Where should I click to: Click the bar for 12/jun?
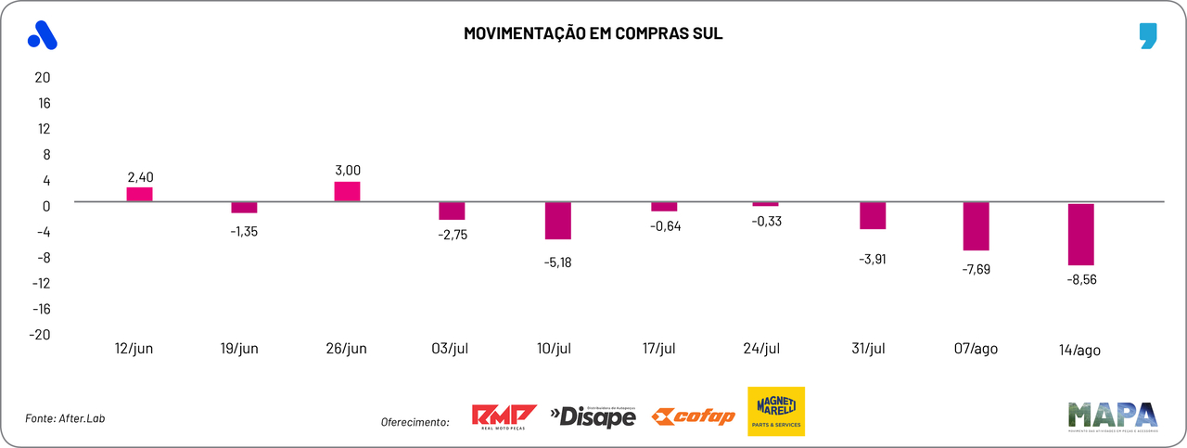[139, 194]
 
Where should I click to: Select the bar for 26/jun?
[347, 191]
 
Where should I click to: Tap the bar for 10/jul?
[557, 221]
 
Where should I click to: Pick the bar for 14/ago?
[1081, 234]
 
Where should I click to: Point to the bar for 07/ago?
[976, 226]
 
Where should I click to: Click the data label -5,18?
[557, 262]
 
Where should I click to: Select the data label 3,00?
[347, 170]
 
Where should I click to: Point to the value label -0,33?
[765, 221]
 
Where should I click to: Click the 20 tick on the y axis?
[42, 77]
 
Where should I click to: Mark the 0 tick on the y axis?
[45, 206]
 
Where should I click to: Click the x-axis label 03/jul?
[453, 349]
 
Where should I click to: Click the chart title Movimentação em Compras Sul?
[593, 34]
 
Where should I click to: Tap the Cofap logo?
[694, 416]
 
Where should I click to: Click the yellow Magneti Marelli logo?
[776, 411]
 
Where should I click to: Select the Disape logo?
[593, 416]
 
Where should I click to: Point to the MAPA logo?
[1113, 415]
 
